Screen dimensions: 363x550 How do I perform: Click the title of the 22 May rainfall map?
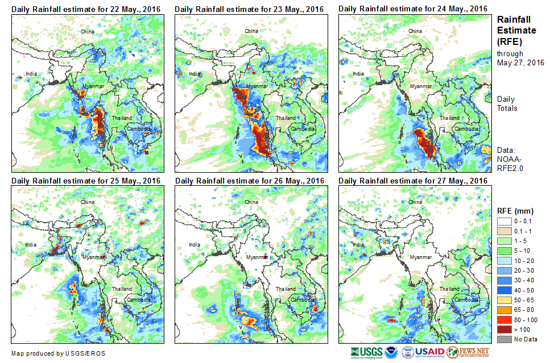[85, 9]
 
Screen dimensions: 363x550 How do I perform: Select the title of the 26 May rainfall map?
[250, 181]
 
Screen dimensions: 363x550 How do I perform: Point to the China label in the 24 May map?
[415, 31]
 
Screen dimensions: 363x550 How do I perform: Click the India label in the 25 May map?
[31, 245]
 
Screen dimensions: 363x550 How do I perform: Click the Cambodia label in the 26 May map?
[302, 300]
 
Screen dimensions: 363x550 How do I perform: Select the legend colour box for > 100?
[503, 328]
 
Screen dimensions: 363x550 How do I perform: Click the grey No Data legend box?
[503, 339]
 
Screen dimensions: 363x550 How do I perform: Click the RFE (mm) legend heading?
[516, 211]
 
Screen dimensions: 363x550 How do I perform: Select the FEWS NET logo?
[469, 352]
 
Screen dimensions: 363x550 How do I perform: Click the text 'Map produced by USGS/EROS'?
[58, 353]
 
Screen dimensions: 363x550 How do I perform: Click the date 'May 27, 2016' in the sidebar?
[520, 62]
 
